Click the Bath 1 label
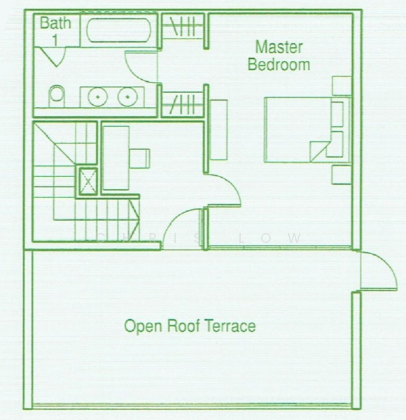pos(55,30)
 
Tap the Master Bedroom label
pos(279,56)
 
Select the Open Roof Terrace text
pos(190,326)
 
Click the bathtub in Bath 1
pos(115,32)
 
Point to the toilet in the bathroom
pos(56,94)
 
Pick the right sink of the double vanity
pos(127,96)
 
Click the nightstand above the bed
pos(342,85)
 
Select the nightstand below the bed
pos(342,174)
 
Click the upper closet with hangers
pos(183,30)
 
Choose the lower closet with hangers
pos(183,102)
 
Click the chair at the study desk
pos(140,157)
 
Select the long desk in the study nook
pos(115,158)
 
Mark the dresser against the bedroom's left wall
pos(219,129)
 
